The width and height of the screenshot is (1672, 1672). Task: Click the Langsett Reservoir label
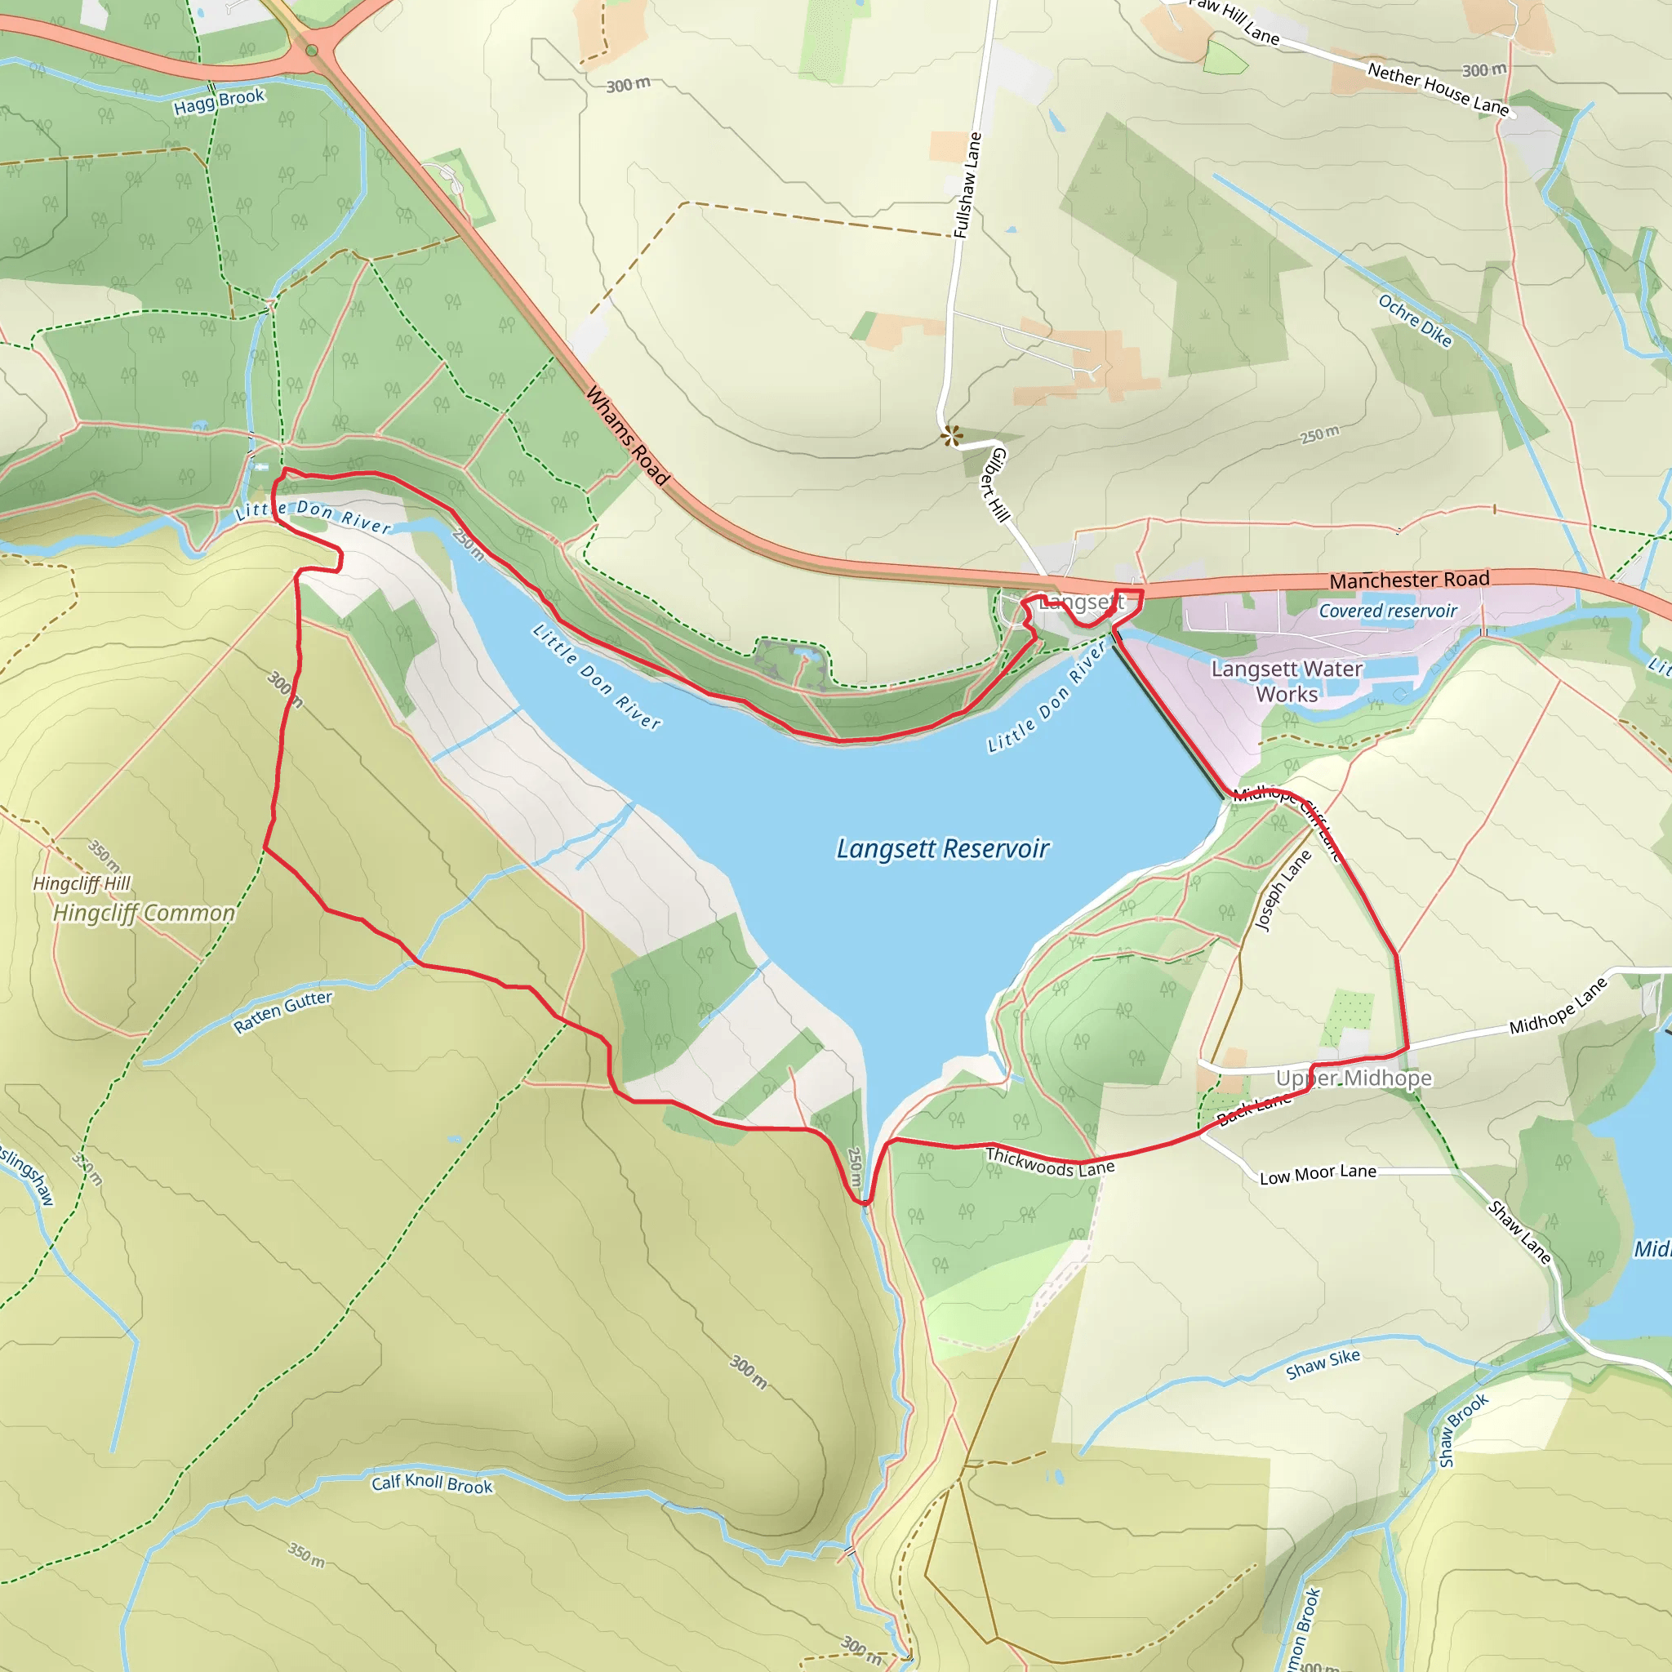[942, 849]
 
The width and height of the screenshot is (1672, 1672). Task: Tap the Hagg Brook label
[219, 101]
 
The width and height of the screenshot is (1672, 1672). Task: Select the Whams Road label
[628, 435]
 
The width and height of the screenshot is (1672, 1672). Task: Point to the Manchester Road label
[1409, 580]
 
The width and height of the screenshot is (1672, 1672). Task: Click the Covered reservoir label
[1387, 611]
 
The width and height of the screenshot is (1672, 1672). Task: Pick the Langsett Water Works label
[1286, 681]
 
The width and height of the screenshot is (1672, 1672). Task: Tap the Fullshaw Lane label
[967, 185]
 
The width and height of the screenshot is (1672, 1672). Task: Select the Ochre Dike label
[1415, 321]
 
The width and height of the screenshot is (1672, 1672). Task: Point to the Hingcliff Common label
[144, 913]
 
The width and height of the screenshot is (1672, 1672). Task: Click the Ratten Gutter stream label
[283, 1011]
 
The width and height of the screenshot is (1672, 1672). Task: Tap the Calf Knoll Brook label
[432, 1483]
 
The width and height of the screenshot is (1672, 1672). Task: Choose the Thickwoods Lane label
[1050, 1162]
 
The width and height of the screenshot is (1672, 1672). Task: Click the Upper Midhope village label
[1354, 1078]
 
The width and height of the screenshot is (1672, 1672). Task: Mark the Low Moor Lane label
[1317, 1174]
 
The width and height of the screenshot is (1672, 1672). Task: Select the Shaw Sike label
[1323, 1364]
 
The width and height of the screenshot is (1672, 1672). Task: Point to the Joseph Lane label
[1283, 891]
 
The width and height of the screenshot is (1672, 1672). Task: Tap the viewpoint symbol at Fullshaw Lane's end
[952, 435]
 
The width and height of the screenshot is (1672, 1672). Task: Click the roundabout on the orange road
[312, 50]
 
